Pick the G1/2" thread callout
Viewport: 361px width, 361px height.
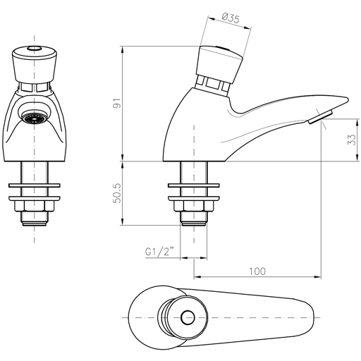(x=159, y=250)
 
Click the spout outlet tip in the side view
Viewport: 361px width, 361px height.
(x=319, y=117)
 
